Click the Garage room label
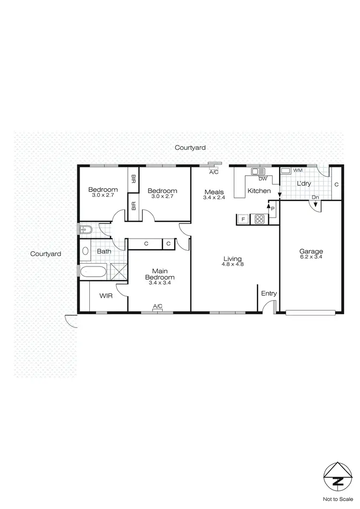pyautogui.click(x=311, y=251)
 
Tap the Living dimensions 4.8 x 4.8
pyautogui.click(x=233, y=264)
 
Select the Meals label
pyautogui.click(x=214, y=192)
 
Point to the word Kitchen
pyautogui.click(x=259, y=191)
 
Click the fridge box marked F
pyautogui.click(x=243, y=219)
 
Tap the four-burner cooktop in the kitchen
pyautogui.click(x=260, y=219)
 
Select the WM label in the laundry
pyautogui.click(x=298, y=170)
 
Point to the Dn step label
pyautogui.click(x=315, y=197)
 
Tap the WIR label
pyautogui.click(x=106, y=296)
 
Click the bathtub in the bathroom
pyautogui.click(x=94, y=272)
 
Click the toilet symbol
pyautogui.click(x=86, y=230)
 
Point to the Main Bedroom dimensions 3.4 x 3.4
pyautogui.click(x=160, y=283)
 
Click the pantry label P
pyautogui.click(x=273, y=209)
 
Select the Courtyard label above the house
pyautogui.click(x=190, y=148)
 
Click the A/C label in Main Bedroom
pyautogui.click(x=157, y=306)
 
